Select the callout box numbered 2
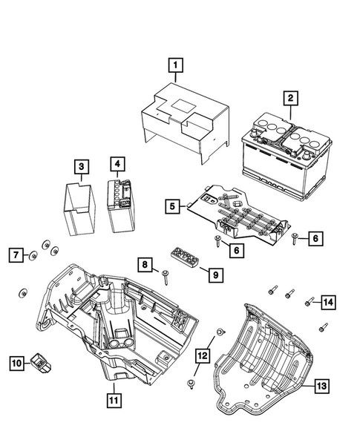click(x=291, y=96)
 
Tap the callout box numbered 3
click(x=82, y=166)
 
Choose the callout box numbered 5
click(x=171, y=206)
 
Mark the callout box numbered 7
click(x=15, y=256)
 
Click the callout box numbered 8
click(x=146, y=265)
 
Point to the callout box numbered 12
click(x=201, y=356)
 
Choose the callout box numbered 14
click(x=328, y=300)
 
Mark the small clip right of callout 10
click(x=42, y=363)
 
